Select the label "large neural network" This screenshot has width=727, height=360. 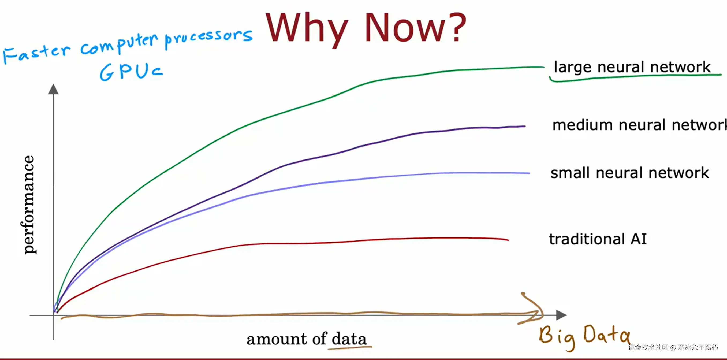click(x=632, y=67)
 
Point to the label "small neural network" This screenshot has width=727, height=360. click(x=630, y=173)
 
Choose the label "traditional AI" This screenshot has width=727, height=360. click(x=598, y=239)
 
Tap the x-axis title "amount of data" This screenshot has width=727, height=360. click(x=307, y=339)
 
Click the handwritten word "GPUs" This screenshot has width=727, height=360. click(x=131, y=72)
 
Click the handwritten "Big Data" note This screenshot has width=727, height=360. click(x=584, y=337)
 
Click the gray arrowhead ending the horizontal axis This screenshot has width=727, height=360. click(x=561, y=315)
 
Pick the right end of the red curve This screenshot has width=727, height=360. click(x=508, y=240)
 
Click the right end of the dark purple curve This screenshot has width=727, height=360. click(x=525, y=126)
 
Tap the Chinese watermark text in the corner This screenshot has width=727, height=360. click(x=673, y=347)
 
